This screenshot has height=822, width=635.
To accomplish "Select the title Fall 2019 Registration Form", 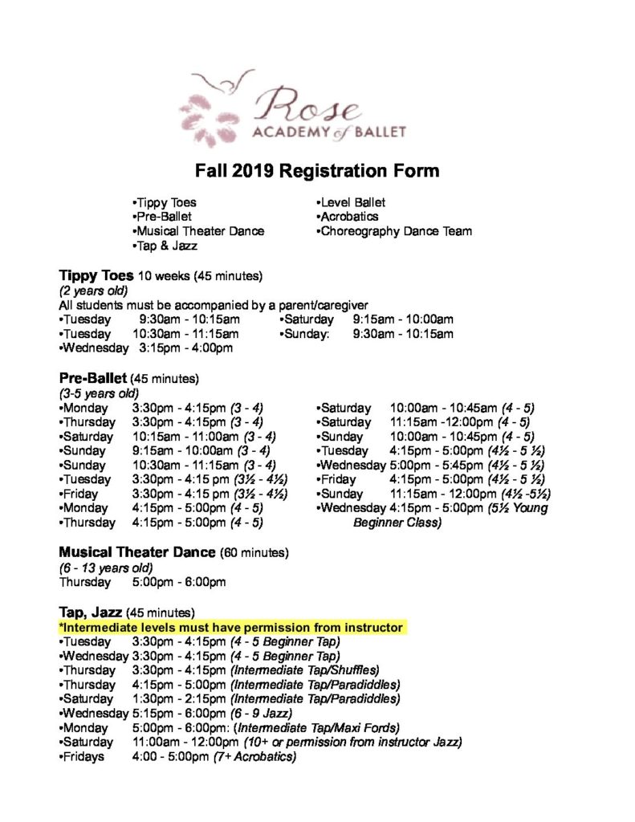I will point(318,171).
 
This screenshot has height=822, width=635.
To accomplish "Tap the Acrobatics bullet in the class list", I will point(349,217).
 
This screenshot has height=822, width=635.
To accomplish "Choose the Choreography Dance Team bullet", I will point(395,231).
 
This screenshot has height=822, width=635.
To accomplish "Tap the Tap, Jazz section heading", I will point(91,612).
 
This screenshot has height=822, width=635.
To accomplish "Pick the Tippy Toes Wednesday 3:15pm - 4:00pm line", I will point(146,348).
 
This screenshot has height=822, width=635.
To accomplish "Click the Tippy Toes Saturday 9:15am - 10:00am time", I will point(403,319).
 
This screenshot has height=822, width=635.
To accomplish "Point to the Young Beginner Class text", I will point(397,523).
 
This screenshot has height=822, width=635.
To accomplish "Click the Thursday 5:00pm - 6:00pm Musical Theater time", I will point(179,582).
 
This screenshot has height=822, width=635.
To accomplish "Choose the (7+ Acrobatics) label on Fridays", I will point(254,757).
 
